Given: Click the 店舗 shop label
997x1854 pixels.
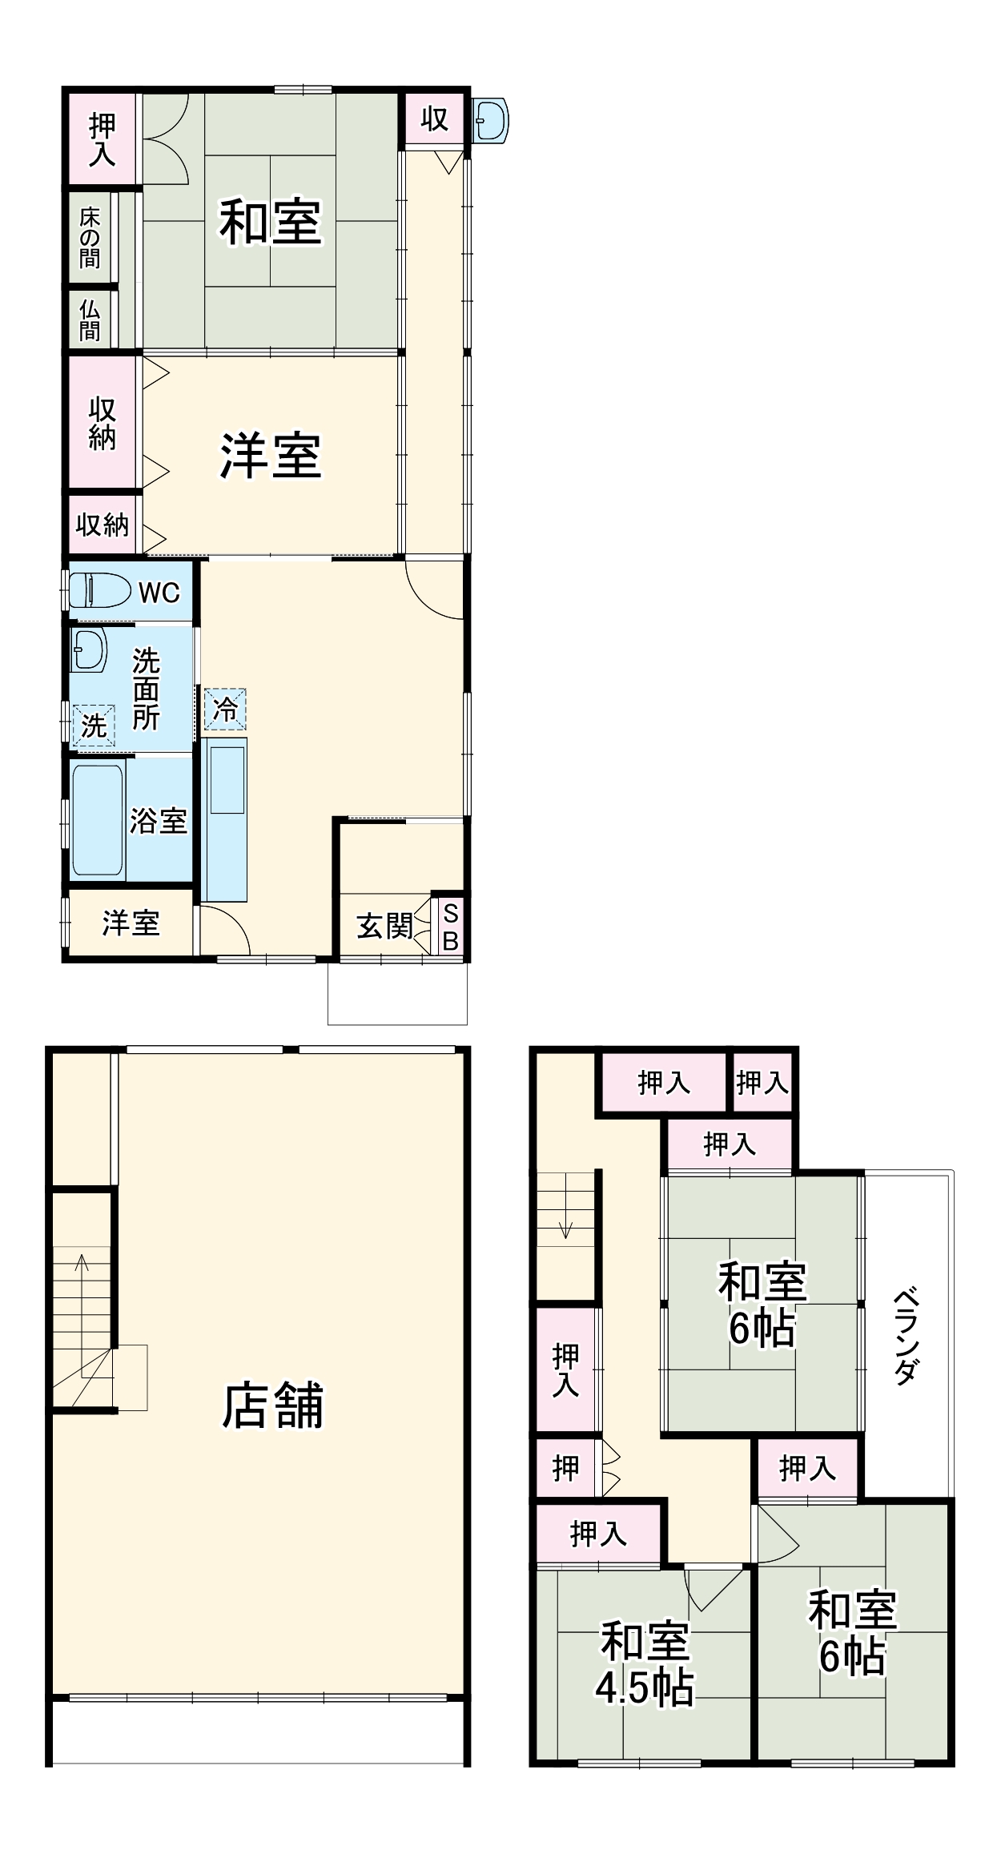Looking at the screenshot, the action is point(272,1406).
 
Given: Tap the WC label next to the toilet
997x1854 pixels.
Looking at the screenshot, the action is point(159,593).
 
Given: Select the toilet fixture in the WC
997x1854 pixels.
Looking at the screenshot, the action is point(100,590).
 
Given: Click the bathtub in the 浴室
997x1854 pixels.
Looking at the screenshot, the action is point(98,819).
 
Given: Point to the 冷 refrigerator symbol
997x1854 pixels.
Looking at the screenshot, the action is point(225,709).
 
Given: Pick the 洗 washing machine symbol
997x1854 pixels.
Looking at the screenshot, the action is point(94,726).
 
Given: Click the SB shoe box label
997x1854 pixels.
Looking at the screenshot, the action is point(450,927).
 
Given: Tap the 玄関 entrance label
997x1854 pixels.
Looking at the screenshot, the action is point(385,926).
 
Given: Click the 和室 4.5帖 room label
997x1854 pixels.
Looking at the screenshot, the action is point(645,1663).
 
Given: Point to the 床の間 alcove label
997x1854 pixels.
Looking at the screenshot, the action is point(90,238).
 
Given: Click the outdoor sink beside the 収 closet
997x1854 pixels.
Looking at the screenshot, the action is point(490,121).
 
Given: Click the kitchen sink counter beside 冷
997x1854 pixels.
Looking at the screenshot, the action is point(224,819).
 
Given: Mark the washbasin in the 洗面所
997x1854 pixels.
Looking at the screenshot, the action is point(88,650).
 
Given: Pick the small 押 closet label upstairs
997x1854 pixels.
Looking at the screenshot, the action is point(565,1468).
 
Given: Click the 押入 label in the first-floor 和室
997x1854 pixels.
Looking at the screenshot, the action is point(102,139).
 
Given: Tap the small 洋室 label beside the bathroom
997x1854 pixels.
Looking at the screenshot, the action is point(131,923).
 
